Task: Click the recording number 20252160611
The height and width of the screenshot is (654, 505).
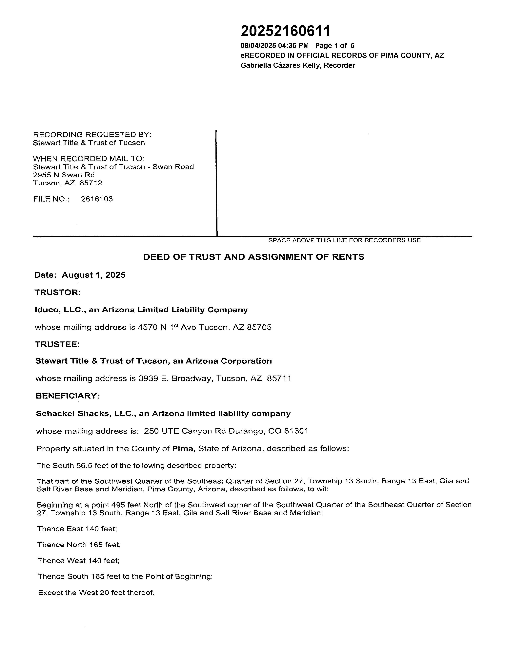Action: click(x=286, y=31)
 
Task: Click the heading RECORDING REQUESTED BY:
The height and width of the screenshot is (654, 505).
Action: click(x=92, y=134)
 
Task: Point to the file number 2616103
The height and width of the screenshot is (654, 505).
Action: click(x=97, y=199)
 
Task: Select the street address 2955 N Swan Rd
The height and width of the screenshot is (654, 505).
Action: click(x=64, y=175)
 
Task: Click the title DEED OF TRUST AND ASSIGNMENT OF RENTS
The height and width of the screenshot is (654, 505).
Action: click(x=254, y=257)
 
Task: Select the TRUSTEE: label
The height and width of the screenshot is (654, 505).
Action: click(x=57, y=344)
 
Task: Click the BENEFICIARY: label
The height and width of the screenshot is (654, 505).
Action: click(x=67, y=396)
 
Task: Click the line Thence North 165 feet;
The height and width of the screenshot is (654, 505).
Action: click(x=79, y=545)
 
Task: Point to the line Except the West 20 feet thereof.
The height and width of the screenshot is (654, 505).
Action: click(x=96, y=593)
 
